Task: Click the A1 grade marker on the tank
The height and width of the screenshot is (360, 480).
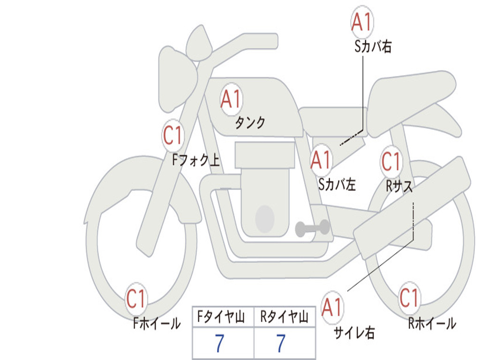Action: click(232, 99)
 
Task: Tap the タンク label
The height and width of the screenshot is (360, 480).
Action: click(250, 123)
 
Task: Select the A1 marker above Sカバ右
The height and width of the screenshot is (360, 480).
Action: click(362, 22)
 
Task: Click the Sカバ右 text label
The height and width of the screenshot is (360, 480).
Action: click(373, 46)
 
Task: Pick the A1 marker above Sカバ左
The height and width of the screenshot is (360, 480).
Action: click(321, 160)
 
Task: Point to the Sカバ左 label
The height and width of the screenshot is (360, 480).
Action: click(337, 184)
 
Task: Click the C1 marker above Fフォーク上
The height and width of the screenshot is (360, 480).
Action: click(173, 135)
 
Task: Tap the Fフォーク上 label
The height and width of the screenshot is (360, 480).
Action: click(196, 160)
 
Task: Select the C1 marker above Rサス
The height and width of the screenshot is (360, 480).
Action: click(391, 161)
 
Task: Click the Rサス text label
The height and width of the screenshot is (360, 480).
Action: click(399, 186)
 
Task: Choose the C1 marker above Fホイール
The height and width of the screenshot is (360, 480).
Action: click(136, 299)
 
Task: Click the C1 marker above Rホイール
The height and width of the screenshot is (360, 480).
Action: click(409, 298)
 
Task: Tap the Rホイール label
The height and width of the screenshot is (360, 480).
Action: click(432, 323)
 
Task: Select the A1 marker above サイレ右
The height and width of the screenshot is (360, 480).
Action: click(332, 307)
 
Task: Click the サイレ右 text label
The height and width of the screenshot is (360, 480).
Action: click(354, 332)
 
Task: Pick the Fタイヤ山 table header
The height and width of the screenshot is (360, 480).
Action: click(221, 316)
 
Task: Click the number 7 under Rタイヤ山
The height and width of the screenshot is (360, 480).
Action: click(281, 343)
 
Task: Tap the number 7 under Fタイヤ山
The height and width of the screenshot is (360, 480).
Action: click(219, 343)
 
